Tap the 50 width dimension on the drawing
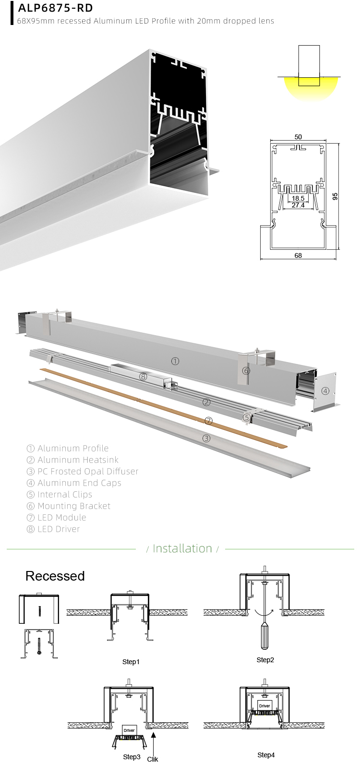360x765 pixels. click(x=298, y=137)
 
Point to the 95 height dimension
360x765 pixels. click(x=335, y=196)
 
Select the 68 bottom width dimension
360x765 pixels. click(x=298, y=255)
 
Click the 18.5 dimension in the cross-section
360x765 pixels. click(x=298, y=198)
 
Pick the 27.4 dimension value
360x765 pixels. click(x=298, y=205)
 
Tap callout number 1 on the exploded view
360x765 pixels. click(x=175, y=361)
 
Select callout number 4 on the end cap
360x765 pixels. click(x=325, y=391)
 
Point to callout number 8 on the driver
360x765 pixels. click(x=143, y=376)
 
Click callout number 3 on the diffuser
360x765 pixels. click(x=206, y=438)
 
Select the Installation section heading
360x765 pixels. click(x=182, y=548)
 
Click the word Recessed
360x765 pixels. click(x=55, y=576)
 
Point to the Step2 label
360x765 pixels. click(x=265, y=660)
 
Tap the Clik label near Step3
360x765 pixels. click(x=153, y=759)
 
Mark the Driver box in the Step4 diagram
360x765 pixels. click(x=264, y=706)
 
